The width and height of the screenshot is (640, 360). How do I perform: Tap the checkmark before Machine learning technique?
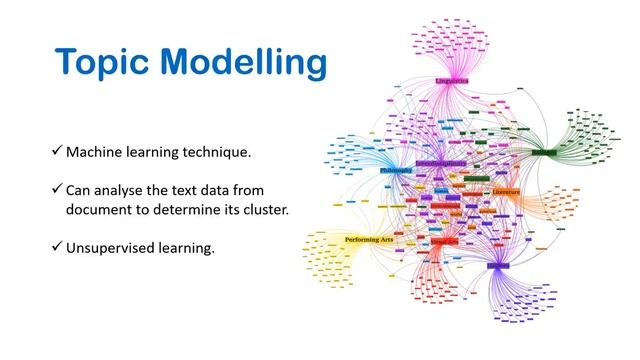[x=57, y=152]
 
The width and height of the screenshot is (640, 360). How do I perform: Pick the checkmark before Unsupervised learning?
[x=57, y=247]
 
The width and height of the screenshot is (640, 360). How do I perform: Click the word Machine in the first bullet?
[x=96, y=152]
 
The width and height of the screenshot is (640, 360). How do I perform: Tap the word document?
[x=102, y=210]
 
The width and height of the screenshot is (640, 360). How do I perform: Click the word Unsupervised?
[x=111, y=247]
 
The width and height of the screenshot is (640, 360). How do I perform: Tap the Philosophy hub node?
[x=396, y=171]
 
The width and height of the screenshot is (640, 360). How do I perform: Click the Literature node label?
[x=505, y=191]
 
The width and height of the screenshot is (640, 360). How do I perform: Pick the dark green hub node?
[x=544, y=153]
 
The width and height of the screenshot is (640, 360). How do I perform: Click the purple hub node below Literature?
[x=497, y=266]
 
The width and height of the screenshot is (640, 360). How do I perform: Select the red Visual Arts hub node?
[x=444, y=241]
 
